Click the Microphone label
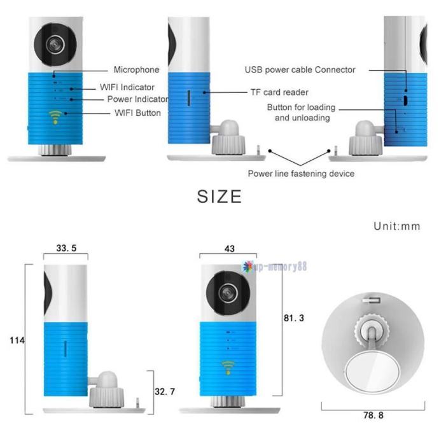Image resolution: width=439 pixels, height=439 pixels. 136,70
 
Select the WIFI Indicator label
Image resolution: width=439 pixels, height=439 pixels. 127,87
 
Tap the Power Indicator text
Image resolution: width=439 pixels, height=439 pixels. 138,99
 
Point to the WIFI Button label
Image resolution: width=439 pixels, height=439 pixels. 137,113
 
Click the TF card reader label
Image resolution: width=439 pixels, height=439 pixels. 279,92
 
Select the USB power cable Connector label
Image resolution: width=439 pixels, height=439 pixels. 300,70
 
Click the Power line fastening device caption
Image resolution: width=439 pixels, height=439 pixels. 301,174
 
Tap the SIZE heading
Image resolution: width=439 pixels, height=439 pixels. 219,196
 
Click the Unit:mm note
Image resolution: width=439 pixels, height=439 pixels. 397,226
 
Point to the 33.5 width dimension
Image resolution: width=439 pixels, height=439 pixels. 66,248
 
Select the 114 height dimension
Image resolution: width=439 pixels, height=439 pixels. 17,340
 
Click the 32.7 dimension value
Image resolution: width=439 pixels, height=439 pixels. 165,392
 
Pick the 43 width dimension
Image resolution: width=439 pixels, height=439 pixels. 230,249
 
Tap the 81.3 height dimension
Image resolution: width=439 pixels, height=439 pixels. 294,318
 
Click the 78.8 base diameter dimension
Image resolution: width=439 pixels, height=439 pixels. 373,415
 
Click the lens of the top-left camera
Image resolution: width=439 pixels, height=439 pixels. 55,45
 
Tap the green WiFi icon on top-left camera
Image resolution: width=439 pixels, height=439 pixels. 55,117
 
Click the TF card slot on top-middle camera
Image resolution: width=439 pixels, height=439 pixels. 189,98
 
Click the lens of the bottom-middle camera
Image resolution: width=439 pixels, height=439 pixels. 228,293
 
